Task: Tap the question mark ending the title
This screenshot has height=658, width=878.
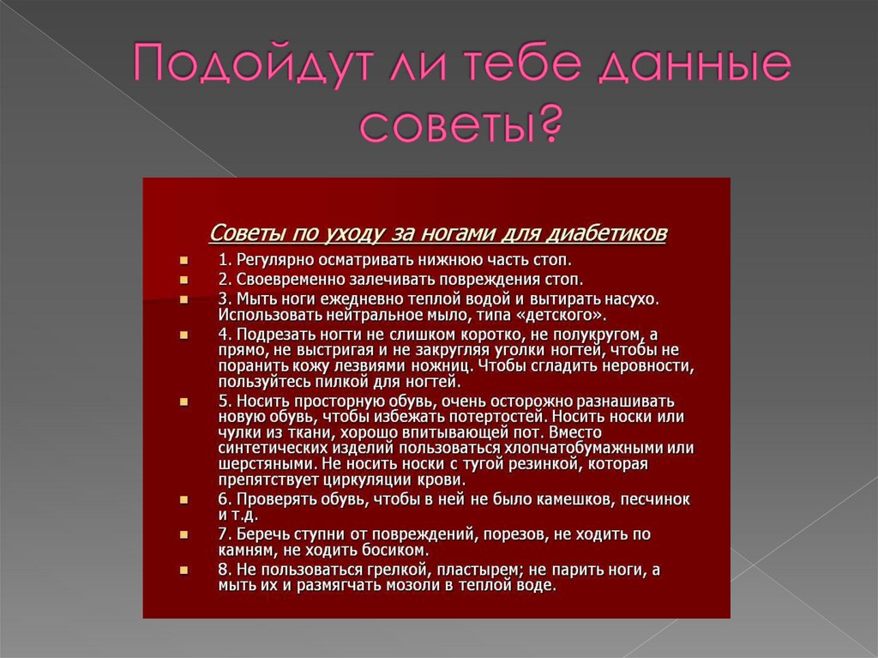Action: (x=549, y=124)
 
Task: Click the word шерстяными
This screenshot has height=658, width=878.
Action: (x=256, y=464)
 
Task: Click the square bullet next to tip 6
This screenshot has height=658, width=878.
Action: (x=184, y=499)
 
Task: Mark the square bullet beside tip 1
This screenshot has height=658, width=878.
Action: (x=184, y=260)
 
